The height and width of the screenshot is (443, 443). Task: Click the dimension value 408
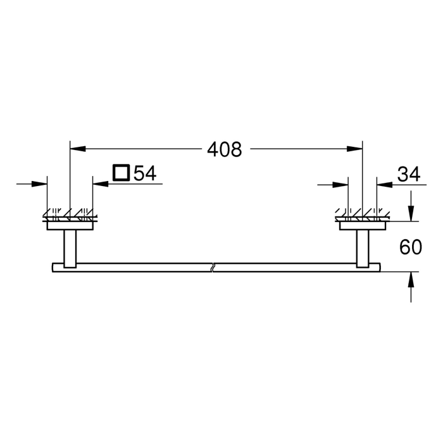point(225,150)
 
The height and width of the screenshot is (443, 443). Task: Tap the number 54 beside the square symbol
point(144,173)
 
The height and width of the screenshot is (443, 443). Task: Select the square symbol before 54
point(120,173)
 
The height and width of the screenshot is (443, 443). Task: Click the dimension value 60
point(411,247)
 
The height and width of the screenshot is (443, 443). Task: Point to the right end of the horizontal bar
point(380,266)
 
